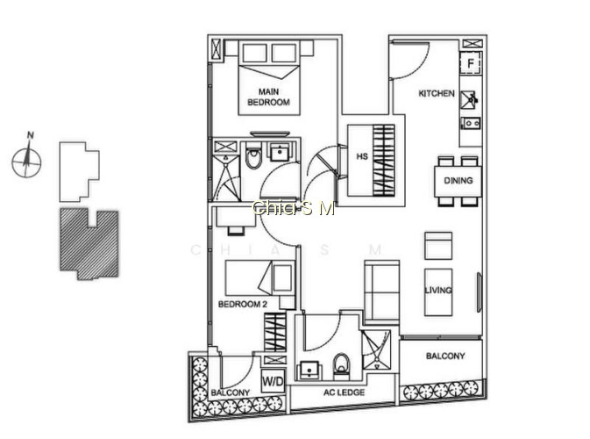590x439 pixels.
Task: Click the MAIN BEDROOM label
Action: [268, 97]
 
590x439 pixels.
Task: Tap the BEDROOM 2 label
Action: [243, 304]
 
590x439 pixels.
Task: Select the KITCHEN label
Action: [437, 93]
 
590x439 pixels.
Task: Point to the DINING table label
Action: [458, 181]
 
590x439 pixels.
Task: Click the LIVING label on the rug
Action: [438, 290]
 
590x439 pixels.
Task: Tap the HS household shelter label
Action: [362, 156]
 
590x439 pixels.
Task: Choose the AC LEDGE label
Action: [344, 392]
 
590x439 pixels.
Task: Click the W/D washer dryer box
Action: [273, 381]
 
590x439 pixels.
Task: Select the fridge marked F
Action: [471, 63]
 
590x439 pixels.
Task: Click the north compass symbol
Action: [26, 159]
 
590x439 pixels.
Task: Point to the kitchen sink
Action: [469, 99]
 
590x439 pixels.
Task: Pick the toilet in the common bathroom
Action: [342, 364]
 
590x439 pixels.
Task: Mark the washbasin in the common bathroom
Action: [309, 371]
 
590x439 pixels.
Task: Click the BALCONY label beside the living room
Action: [445, 356]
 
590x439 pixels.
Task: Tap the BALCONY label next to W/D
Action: [231, 392]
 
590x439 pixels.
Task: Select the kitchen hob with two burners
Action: [471, 123]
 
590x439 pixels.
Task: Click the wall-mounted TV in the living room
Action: [480, 292]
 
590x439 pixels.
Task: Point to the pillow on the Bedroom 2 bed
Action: [282, 277]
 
